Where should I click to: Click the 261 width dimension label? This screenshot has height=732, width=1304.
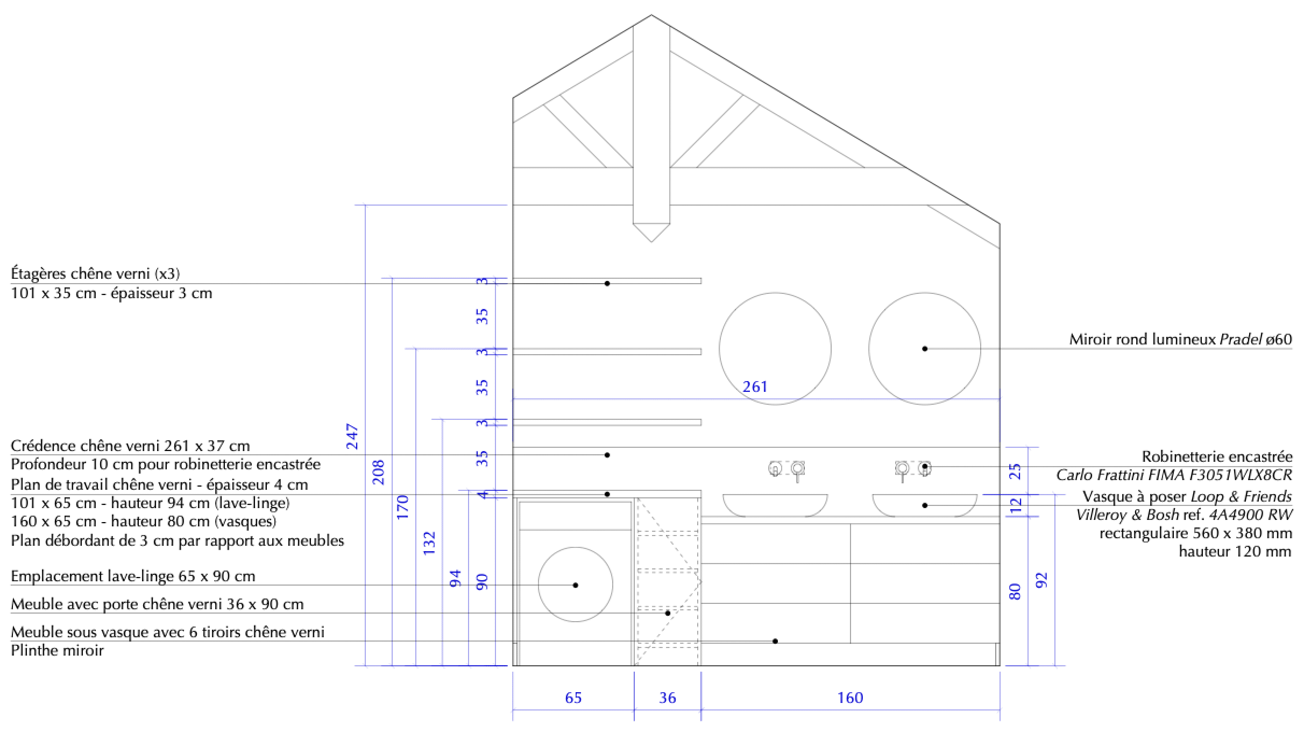[x=755, y=387]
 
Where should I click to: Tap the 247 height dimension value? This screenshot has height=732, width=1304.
[x=352, y=437]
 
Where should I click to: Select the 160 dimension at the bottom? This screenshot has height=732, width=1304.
[x=850, y=698]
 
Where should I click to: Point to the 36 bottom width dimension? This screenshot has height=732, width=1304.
[x=667, y=698]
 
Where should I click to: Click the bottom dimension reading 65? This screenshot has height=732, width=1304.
[x=573, y=698]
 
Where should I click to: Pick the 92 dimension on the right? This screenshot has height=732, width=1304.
[x=1042, y=580]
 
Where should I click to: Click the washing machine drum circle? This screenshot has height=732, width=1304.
[x=575, y=585]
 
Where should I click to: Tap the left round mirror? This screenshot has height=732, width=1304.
[x=775, y=349]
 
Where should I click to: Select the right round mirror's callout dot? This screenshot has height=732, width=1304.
[x=925, y=349]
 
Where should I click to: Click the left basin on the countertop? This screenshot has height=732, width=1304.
[x=775, y=505]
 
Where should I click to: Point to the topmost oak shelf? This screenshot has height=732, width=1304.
[x=607, y=280]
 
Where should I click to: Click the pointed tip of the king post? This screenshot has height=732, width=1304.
[x=651, y=240]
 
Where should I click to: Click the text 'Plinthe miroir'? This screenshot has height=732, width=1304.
[x=57, y=650]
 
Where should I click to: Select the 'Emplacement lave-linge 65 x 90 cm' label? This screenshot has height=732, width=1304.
[x=133, y=576]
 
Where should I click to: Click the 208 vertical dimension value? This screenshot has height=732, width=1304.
[x=379, y=472]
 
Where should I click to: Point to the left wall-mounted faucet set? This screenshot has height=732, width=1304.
[x=786, y=469]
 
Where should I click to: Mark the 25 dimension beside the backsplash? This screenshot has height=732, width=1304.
[x=1016, y=472]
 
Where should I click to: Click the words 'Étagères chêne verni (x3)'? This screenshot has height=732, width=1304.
[x=95, y=274]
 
